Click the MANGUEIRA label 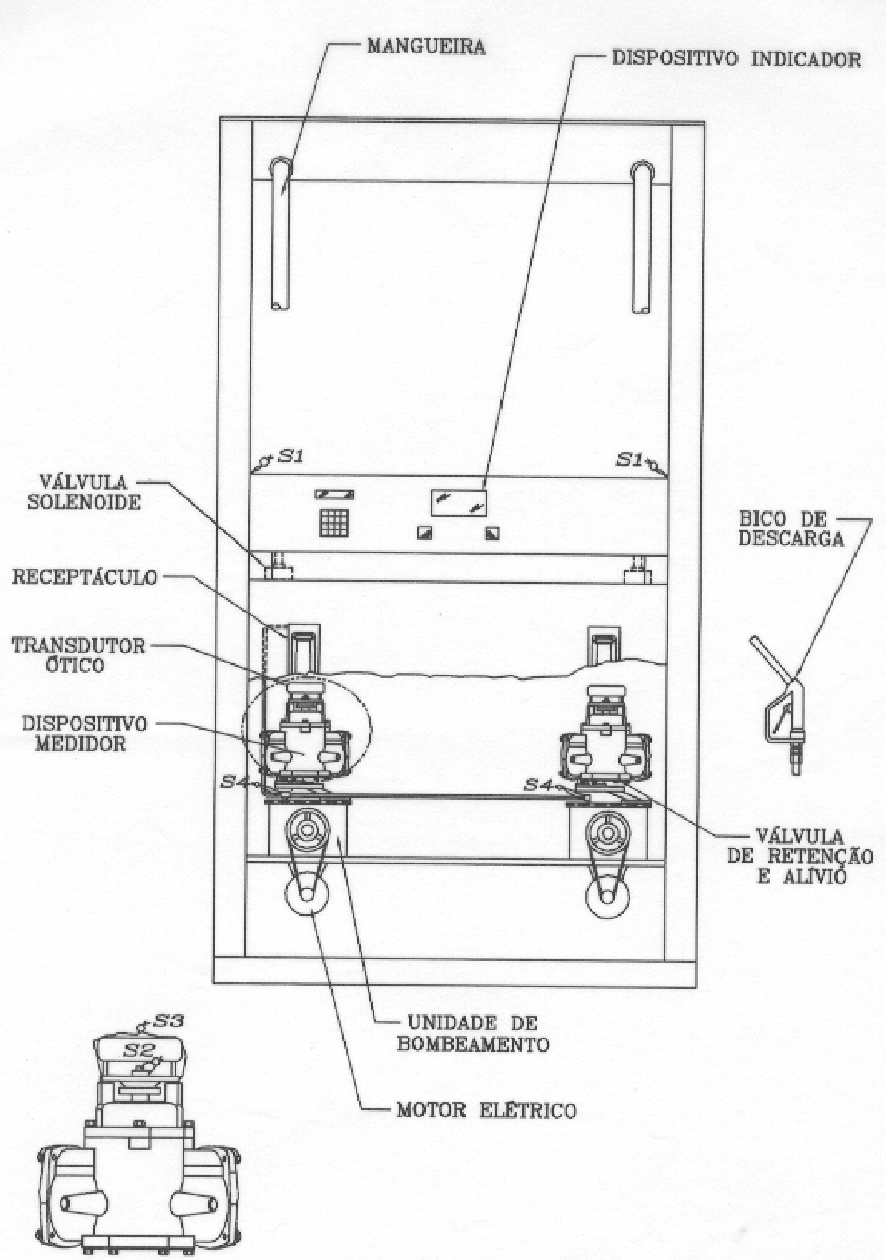point(426,46)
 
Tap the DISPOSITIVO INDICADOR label point(737,58)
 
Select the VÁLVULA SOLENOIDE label point(84,492)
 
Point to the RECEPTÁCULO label point(85,577)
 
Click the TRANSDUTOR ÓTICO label point(78,655)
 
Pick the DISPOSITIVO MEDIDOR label point(85,734)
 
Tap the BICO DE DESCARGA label point(791,529)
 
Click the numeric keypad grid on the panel point(335,523)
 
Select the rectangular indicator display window point(459,502)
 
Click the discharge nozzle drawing point(779,706)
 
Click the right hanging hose point(642,237)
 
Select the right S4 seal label point(539,785)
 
